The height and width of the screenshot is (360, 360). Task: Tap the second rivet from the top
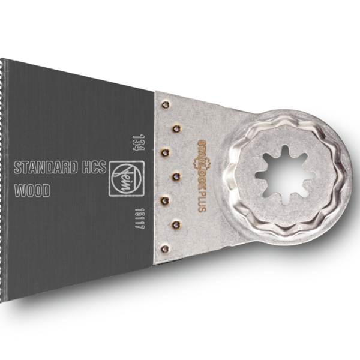pos(176,128)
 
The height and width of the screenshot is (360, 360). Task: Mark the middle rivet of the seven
pos(176,176)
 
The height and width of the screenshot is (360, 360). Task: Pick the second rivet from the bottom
pos(176,224)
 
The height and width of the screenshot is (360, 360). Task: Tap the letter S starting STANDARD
pos(17,167)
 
